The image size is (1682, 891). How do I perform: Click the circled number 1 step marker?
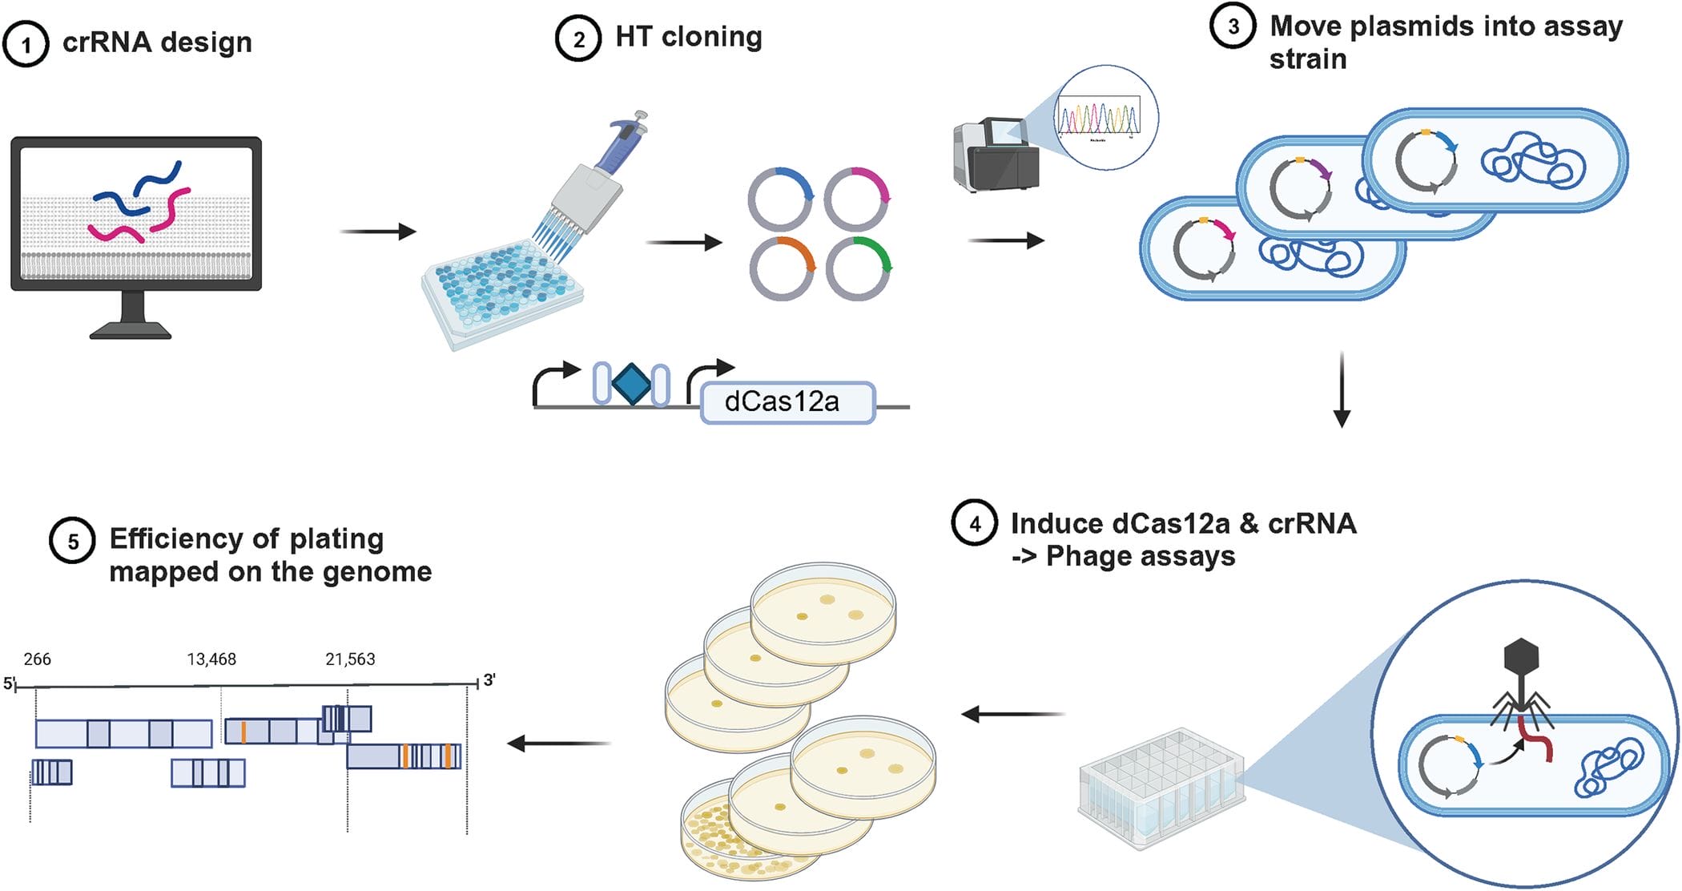(26, 44)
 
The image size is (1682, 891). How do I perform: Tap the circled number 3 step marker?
(1233, 26)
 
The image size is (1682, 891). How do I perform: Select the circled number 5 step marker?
(72, 541)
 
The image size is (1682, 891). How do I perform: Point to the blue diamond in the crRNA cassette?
(631, 384)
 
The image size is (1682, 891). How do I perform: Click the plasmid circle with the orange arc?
(783, 268)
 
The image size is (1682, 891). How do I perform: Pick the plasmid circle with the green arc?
(859, 268)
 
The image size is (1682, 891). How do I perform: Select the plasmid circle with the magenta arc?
(857, 199)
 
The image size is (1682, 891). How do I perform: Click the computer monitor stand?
(131, 316)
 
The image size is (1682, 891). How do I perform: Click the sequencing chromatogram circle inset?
(1106, 117)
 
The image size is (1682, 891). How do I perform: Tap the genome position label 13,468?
(211, 659)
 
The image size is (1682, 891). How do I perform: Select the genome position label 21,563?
(350, 659)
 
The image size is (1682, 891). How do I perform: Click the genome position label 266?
(37, 659)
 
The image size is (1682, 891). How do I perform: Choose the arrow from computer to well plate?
(378, 232)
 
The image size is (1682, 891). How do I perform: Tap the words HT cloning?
(688, 37)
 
